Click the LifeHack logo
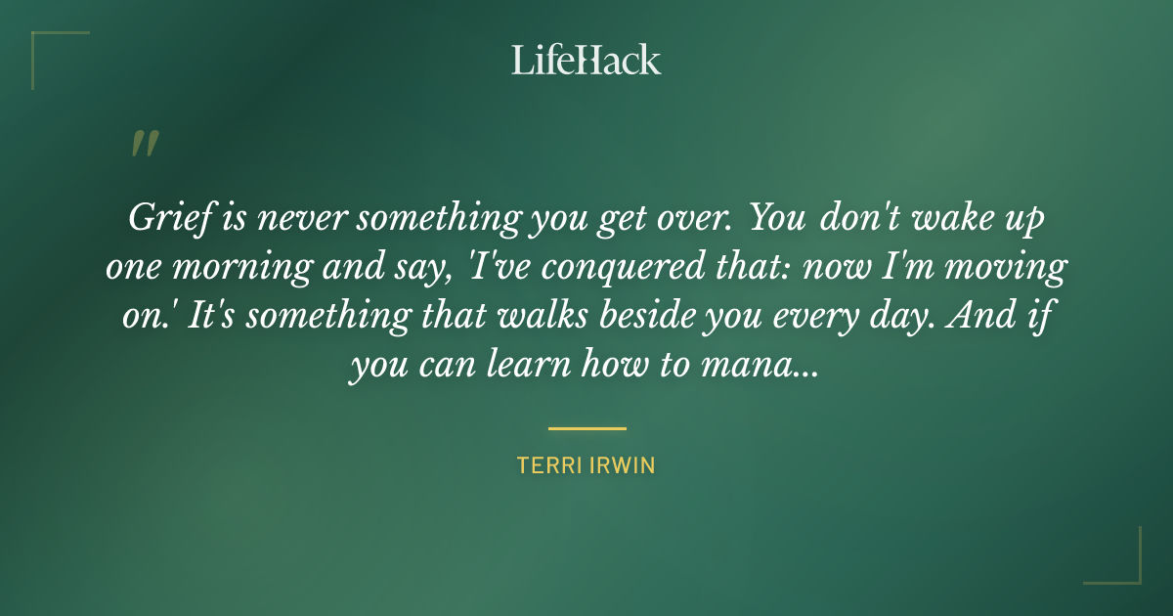[586, 60]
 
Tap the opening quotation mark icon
[144, 144]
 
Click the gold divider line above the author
[586, 428]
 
